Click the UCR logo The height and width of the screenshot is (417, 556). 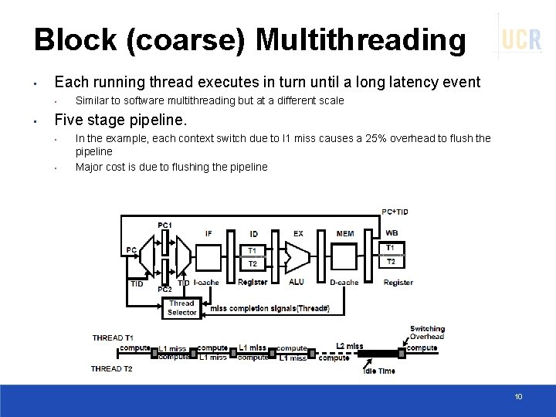tap(521, 39)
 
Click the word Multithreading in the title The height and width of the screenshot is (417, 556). tap(361, 40)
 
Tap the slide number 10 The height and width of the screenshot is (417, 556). tap(518, 396)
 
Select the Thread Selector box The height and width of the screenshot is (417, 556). tap(181, 307)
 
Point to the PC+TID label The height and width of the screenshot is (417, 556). tap(396, 212)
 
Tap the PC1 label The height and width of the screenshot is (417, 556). tap(165, 225)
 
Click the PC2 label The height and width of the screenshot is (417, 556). tap(164, 289)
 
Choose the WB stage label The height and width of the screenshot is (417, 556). tap(392, 233)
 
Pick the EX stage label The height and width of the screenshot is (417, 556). tap(298, 233)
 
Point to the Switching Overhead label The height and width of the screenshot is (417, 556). tap(427, 333)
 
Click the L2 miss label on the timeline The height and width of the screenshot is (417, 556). tap(350, 346)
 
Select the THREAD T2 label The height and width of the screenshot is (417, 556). tap(112, 368)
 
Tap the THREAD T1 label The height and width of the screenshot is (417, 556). tap(113, 337)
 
